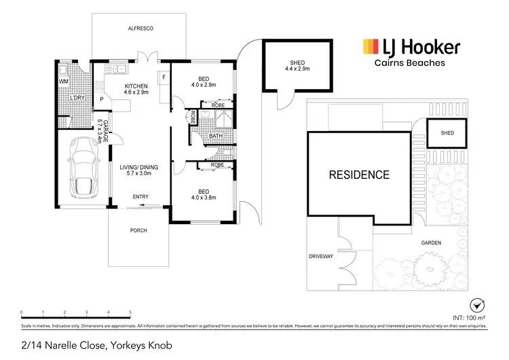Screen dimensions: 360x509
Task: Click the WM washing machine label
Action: [64, 82]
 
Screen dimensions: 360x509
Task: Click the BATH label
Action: [215, 136]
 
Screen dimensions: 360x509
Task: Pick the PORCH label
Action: [138, 230]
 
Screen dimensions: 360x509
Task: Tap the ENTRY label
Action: [140, 197]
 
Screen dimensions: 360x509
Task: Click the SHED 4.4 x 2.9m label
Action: [298, 67]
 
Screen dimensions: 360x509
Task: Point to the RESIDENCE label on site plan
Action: [359, 175]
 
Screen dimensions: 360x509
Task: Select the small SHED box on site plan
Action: [447, 133]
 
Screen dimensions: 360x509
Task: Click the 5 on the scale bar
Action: [130, 312]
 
